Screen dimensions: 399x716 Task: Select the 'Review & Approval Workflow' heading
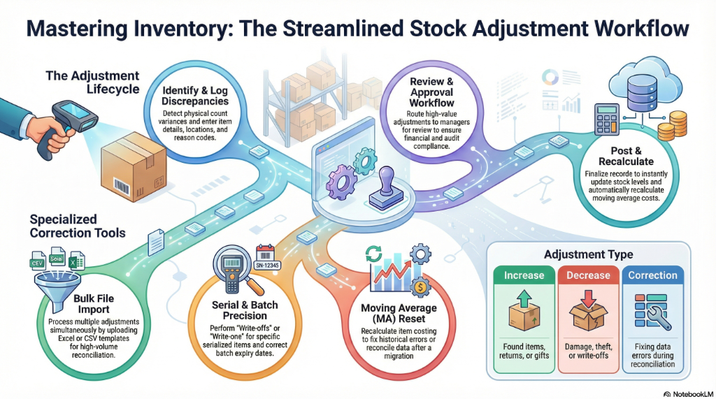pos(431,92)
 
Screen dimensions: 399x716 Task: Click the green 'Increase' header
pos(524,275)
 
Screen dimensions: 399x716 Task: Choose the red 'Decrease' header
pos(588,275)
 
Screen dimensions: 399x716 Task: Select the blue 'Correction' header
pos(652,275)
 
